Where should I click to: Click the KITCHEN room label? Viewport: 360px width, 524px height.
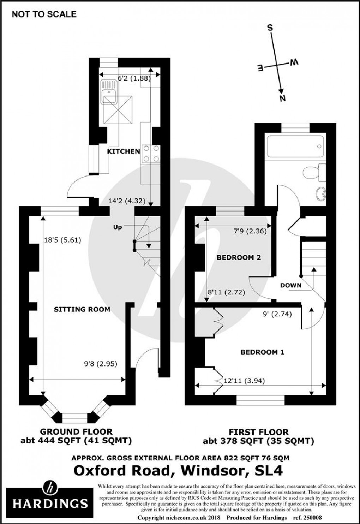[x=124, y=151]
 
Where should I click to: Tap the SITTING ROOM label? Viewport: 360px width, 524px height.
[x=82, y=309]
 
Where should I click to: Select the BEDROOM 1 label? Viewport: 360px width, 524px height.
[x=262, y=352]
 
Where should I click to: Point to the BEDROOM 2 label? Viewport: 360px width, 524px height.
[x=239, y=257]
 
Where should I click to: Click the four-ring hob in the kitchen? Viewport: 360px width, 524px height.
[x=151, y=154]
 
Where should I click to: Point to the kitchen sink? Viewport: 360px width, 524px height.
[x=110, y=93]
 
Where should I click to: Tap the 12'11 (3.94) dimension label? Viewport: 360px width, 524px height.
[x=244, y=381]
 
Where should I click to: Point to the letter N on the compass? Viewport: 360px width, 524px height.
[x=282, y=98]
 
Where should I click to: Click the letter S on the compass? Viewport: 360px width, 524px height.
[x=271, y=28]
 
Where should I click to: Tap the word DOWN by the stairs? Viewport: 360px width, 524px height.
[x=291, y=285]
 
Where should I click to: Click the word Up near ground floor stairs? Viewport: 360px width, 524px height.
[x=118, y=227]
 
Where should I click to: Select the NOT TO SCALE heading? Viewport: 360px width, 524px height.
[x=44, y=14]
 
